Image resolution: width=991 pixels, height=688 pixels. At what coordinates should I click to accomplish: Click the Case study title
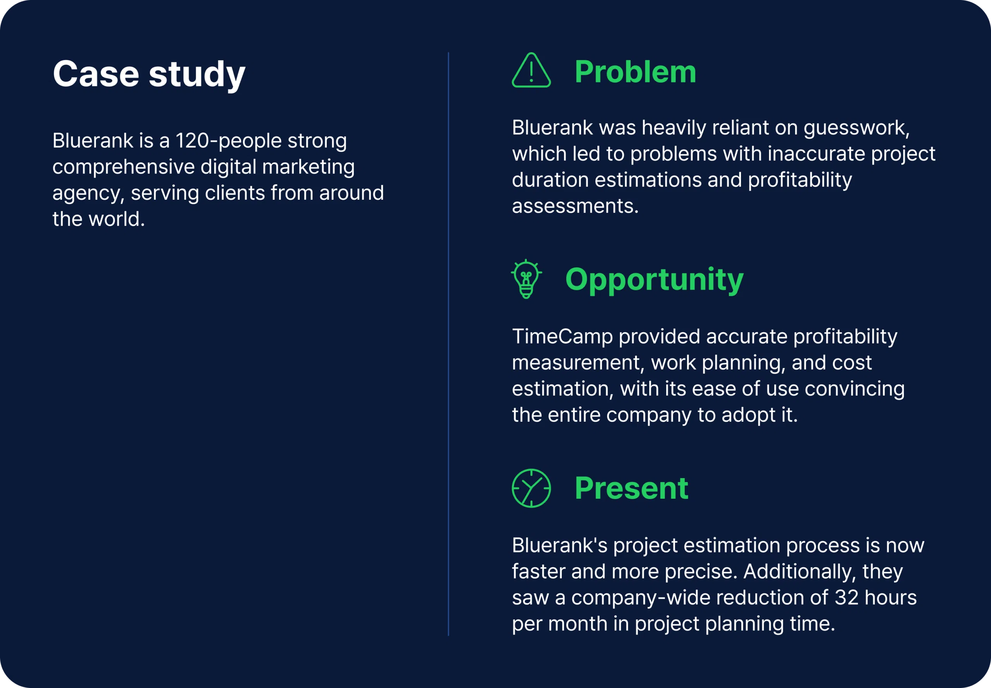(149, 74)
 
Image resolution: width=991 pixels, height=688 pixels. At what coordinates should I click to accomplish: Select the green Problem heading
(635, 72)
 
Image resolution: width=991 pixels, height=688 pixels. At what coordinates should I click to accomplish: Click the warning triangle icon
(531, 71)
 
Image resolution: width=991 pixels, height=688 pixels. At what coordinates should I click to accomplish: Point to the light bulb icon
(526, 279)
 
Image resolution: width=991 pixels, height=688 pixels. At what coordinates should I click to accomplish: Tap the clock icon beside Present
(531, 488)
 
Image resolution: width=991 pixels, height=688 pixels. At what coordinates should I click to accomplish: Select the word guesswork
(856, 128)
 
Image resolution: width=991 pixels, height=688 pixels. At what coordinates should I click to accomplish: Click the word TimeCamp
(562, 336)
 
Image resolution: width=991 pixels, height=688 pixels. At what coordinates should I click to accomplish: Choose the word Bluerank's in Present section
(559, 545)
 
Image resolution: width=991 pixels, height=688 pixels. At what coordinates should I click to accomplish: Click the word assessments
(574, 206)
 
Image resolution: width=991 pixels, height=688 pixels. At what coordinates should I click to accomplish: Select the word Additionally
(799, 571)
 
